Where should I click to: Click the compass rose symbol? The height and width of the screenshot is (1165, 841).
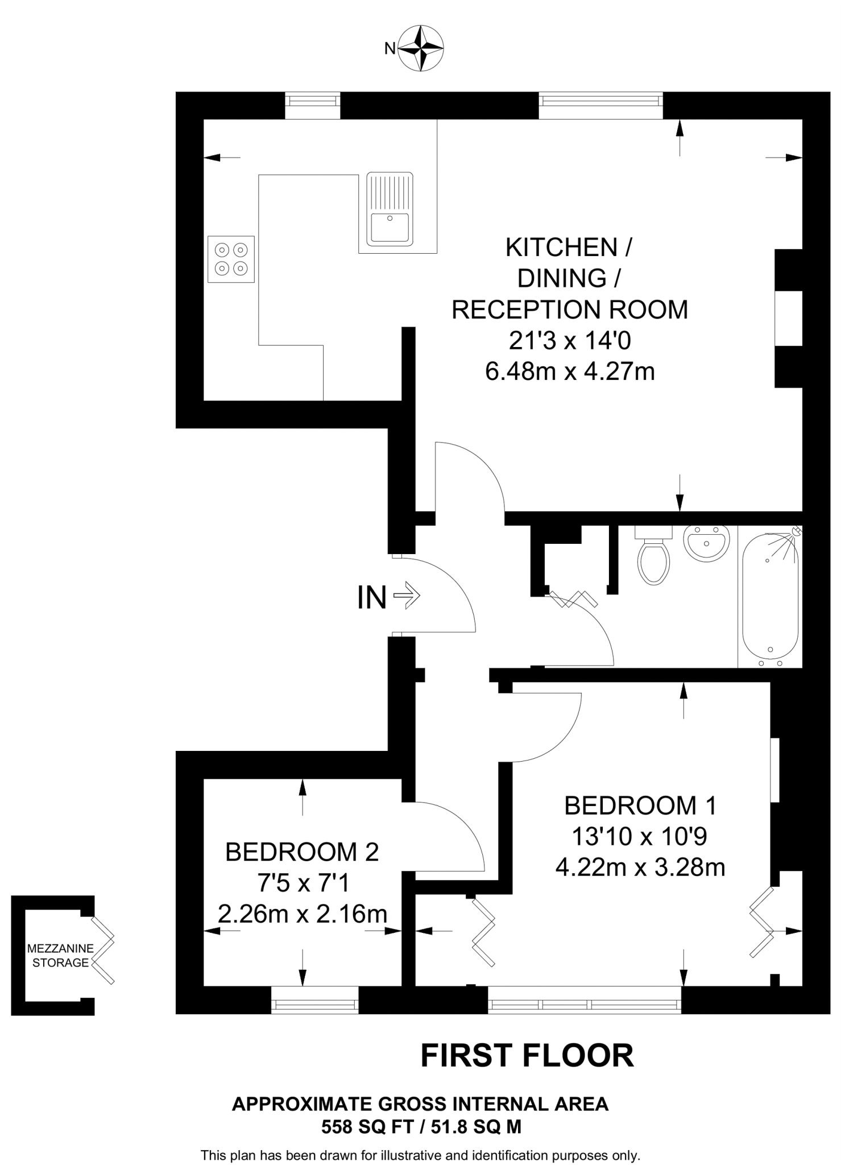421,48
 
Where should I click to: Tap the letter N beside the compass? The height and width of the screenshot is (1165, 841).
390,49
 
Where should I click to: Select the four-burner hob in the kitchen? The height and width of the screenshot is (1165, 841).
231,259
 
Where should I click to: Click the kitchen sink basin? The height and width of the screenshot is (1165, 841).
390,227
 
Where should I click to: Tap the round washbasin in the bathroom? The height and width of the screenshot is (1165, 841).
706,543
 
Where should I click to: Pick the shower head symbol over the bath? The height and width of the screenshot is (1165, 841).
796,532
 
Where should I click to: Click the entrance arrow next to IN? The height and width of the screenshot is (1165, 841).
407,596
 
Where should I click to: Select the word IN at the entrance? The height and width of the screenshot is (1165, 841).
372,598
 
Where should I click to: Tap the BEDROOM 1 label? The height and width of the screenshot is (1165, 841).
640,805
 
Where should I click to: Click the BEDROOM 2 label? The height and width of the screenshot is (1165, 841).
302,852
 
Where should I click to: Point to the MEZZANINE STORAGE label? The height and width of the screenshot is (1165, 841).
60,956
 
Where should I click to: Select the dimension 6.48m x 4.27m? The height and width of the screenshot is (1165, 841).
570,372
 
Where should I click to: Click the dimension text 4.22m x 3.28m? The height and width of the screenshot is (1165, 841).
640,868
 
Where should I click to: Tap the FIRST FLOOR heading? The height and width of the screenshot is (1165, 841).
527,1056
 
